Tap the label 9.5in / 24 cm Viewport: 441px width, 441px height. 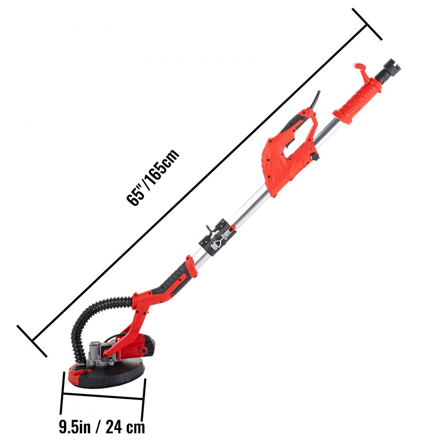[x=102, y=426]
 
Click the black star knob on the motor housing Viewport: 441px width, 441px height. [x=315, y=158]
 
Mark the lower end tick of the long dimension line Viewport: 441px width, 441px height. [x=32, y=341]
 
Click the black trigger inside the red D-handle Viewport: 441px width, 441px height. [x=289, y=141]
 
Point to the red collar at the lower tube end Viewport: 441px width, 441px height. [x=188, y=265]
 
